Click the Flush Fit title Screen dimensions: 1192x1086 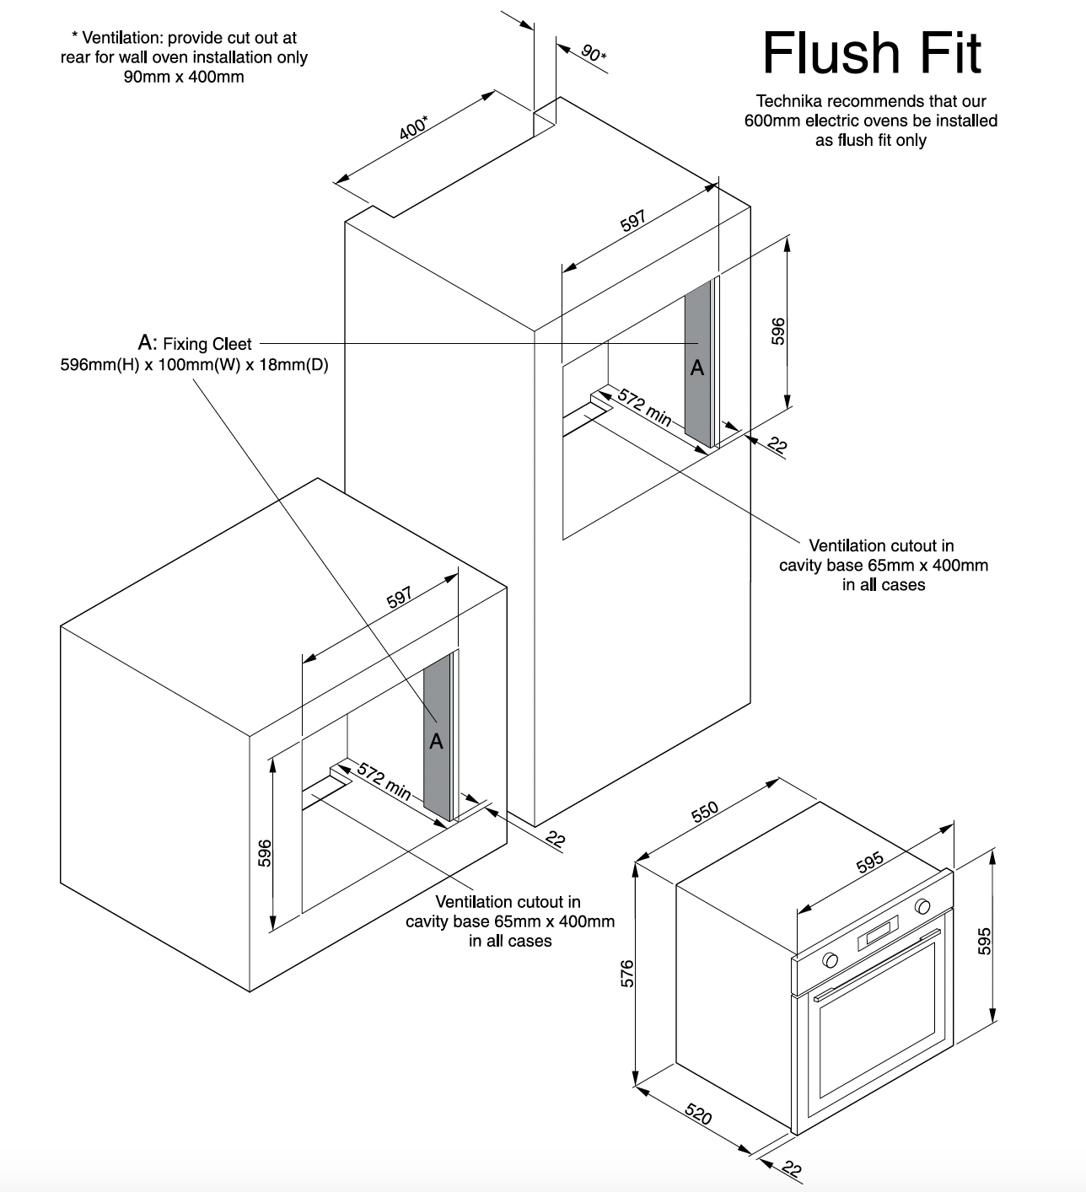(x=872, y=53)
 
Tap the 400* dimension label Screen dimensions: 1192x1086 (x=413, y=129)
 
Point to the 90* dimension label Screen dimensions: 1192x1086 (x=594, y=53)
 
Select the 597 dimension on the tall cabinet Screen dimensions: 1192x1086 (x=633, y=220)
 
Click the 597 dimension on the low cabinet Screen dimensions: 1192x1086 (x=400, y=596)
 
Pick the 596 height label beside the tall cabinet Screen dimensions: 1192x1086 (x=778, y=330)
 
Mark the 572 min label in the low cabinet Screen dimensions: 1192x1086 (x=384, y=781)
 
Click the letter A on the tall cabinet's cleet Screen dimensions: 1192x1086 (x=697, y=368)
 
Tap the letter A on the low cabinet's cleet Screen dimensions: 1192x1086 (x=436, y=741)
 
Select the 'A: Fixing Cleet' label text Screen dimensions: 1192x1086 (x=195, y=343)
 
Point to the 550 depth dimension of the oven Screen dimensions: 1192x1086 (x=704, y=810)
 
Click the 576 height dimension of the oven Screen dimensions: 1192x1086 (x=626, y=973)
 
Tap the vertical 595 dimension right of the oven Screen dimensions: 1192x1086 (x=983, y=941)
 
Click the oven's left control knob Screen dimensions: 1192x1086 (x=831, y=959)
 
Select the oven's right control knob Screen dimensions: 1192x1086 (x=922, y=907)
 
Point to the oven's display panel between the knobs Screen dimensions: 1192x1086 (x=877, y=934)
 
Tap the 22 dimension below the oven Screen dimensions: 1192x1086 (x=791, y=1169)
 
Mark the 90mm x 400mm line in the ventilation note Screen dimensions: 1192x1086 (x=184, y=77)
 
